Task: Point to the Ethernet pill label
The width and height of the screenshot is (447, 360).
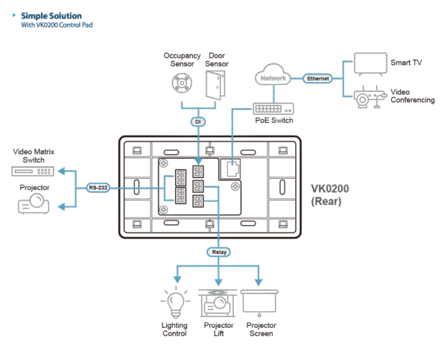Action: click(317, 78)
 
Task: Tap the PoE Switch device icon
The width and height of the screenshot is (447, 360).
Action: click(272, 109)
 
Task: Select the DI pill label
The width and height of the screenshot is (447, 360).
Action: click(197, 121)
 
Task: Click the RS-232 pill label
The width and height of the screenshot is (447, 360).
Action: click(97, 188)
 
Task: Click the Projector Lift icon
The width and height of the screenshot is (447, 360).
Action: click(217, 304)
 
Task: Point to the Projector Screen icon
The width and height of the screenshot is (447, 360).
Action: click(260, 305)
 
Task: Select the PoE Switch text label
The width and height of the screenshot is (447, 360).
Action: click(272, 121)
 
